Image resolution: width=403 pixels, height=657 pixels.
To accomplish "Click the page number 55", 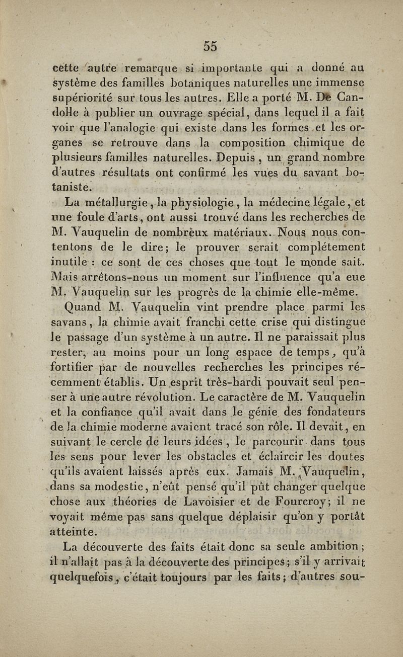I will (211, 46).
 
